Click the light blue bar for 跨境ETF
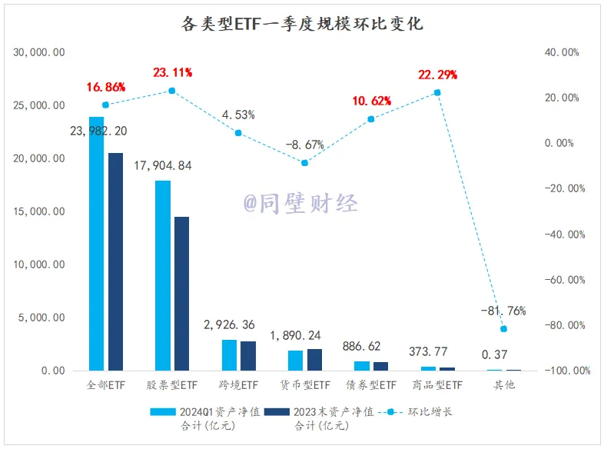229,355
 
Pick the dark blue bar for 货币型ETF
314,360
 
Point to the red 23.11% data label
171,74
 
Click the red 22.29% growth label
437,75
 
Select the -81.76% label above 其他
503,311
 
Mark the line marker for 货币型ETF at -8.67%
304,163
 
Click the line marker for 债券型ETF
370,119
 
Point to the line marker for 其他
503,328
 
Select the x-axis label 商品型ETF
437,384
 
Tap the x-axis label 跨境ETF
238,384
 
